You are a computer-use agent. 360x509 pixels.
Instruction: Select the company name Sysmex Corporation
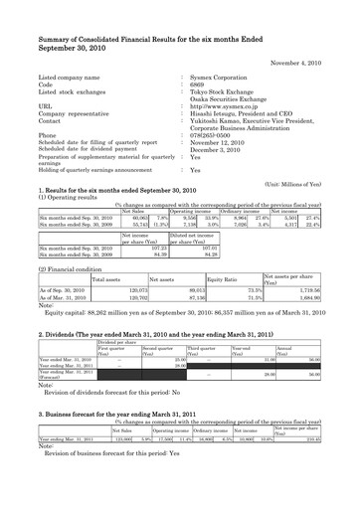coord(221,77)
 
